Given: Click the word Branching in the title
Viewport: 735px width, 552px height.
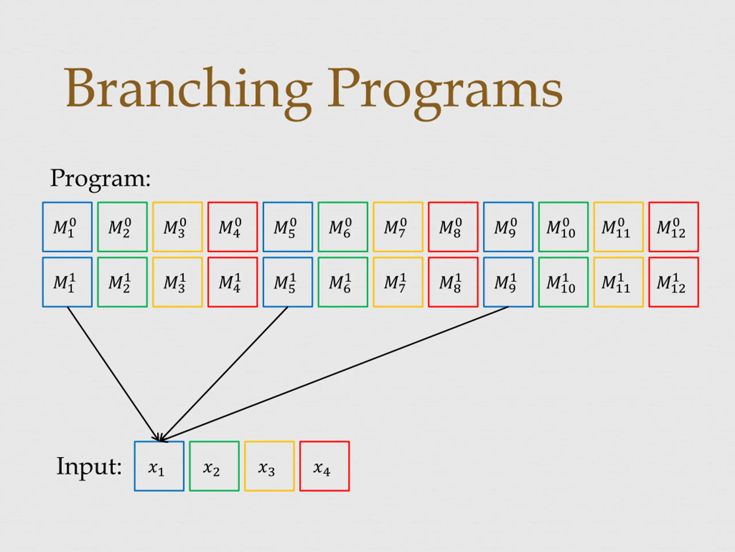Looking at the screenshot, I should tap(188, 88).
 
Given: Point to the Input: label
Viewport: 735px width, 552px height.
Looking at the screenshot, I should tap(89, 467).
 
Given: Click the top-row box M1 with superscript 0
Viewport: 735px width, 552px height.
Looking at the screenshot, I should tap(67, 227).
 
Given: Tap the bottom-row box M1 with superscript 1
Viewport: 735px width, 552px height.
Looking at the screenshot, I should tap(67, 282).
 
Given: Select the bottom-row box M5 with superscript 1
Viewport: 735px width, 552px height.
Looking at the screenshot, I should tap(288, 282).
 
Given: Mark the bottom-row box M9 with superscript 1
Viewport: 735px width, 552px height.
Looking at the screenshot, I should tap(508, 282).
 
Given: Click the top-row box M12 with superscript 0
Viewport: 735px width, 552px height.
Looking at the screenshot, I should tap(674, 227).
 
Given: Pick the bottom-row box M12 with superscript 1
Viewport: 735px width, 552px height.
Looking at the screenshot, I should tap(674, 282).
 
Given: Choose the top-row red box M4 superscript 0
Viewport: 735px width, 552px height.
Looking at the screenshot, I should tap(233, 227).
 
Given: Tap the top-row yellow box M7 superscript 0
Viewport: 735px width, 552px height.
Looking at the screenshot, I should tap(398, 227).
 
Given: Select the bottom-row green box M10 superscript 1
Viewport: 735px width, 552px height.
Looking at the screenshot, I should tap(564, 282).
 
